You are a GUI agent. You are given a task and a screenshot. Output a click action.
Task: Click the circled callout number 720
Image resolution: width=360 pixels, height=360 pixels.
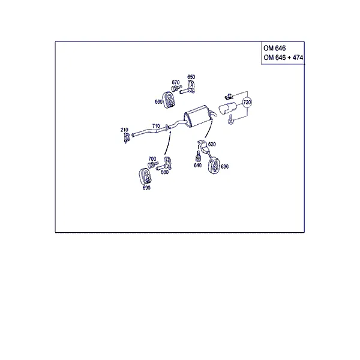247,102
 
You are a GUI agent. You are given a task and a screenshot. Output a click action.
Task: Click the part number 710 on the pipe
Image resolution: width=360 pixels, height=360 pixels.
156,126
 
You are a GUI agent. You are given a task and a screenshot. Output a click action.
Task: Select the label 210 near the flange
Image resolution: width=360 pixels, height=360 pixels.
124,130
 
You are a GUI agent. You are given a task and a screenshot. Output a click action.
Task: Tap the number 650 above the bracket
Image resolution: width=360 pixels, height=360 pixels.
191,77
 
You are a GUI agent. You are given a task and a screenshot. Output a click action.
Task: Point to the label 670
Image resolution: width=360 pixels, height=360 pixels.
175,82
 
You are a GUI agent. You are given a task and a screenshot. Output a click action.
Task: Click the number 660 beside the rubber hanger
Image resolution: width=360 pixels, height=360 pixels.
158,102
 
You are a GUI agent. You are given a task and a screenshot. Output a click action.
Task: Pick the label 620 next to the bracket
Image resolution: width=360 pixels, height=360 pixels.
212,144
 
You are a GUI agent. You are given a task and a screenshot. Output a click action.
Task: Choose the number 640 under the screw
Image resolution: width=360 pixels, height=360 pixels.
197,166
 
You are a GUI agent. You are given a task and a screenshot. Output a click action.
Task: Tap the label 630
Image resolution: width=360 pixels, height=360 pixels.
224,166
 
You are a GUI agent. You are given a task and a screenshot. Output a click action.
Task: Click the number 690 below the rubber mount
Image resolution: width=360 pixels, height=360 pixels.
146,188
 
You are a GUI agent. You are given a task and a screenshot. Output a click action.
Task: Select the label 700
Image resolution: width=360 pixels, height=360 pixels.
152,158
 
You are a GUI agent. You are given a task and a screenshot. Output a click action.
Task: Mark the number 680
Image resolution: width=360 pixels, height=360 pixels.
164,172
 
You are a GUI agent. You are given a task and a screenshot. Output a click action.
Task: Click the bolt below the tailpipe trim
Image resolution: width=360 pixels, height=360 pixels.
230,119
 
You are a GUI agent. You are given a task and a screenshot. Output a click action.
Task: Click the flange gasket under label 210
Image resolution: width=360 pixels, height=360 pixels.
126,138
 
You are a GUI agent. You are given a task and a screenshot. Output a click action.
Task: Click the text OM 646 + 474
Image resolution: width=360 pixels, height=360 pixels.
283,58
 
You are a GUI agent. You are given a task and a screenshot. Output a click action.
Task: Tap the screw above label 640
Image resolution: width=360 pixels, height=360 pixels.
198,155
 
